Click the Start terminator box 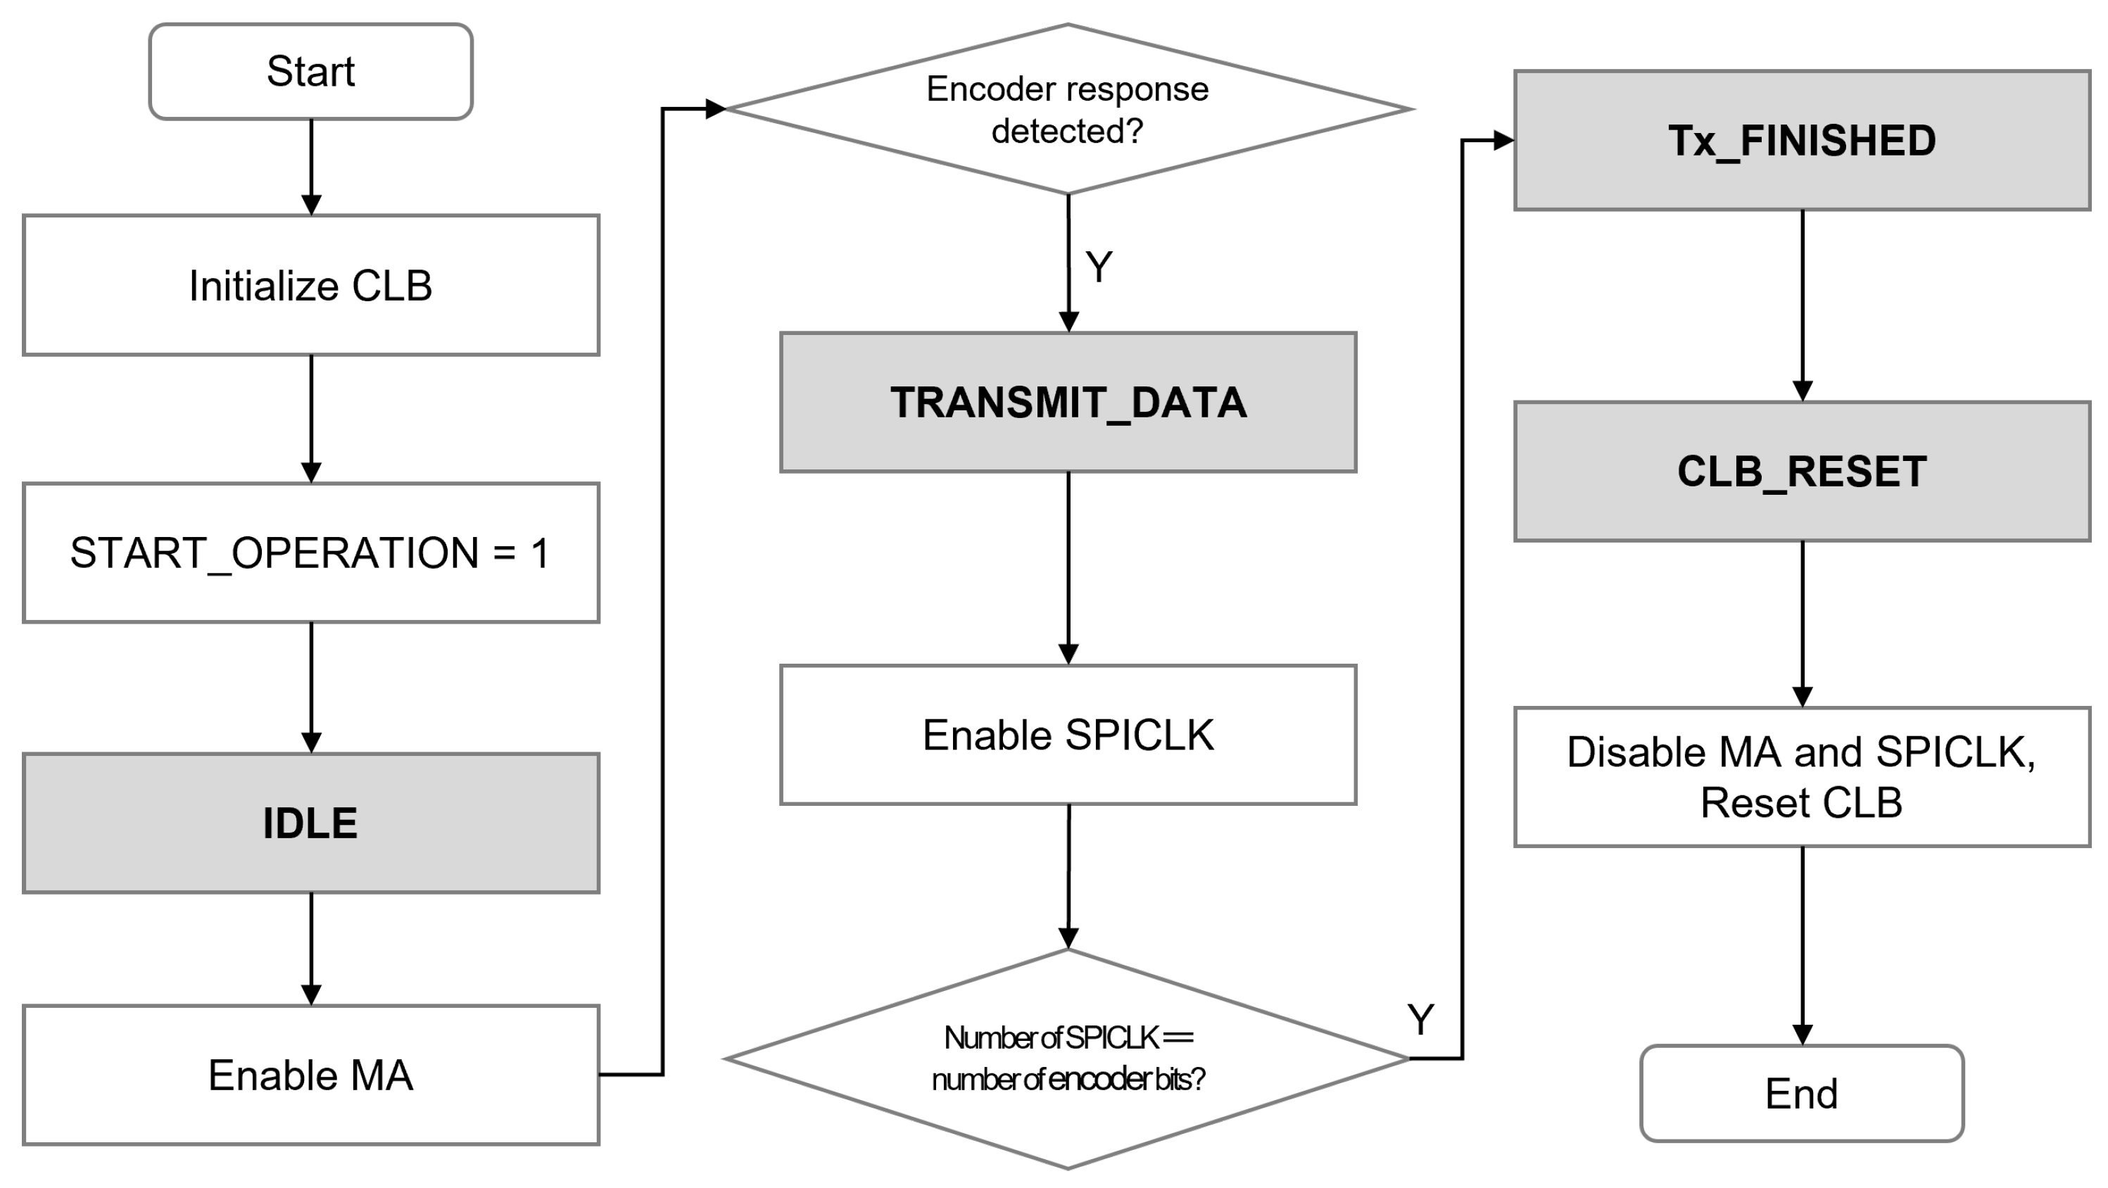point(310,71)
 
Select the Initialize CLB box point(310,286)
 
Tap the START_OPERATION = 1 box point(310,553)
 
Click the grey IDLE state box point(310,823)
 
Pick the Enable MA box point(310,1075)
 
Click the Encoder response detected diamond point(1067,110)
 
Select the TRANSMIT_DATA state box point(1067,403)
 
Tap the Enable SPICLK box point(1067,735)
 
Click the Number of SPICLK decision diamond point(1067,1059)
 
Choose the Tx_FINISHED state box point(1801,141)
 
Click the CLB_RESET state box point(1801,472)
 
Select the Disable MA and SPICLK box point(1801,776)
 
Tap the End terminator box point(1801,1093)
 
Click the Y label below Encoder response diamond point(1098,267)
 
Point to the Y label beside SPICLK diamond point(1420,1020)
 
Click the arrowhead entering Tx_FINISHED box point(1503,141)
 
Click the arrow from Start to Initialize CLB point(311,168)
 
